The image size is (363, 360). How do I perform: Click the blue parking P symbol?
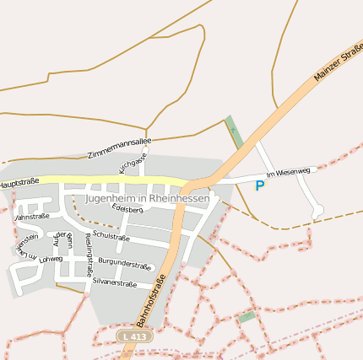(259, 185)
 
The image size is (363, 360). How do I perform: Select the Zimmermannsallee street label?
(119, 146)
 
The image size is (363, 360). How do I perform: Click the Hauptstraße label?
(19, 182)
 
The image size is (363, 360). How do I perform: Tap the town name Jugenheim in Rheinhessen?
(148, 199)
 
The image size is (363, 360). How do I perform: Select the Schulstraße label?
(111, 236)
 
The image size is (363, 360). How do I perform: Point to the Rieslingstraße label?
(88, 255)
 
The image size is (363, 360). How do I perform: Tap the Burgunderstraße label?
(125, 266)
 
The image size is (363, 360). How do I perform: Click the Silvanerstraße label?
(114, 283)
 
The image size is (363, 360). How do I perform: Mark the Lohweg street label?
(51, 259)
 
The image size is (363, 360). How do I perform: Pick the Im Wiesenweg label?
(293, 171)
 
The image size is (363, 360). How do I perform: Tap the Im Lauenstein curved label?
(25, 250)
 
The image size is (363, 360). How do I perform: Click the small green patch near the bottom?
(246, 318)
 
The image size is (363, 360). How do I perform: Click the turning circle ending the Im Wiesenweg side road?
(317, 212)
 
